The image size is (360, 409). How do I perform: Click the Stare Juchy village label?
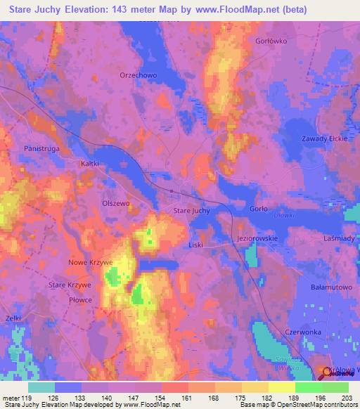191,211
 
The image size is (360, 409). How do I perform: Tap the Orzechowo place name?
137,75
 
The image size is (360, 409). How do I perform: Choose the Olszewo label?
117,203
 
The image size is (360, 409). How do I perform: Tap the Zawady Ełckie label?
325,138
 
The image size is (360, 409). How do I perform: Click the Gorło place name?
259,209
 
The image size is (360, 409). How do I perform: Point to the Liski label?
195,245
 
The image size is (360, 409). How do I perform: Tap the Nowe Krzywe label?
91,262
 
